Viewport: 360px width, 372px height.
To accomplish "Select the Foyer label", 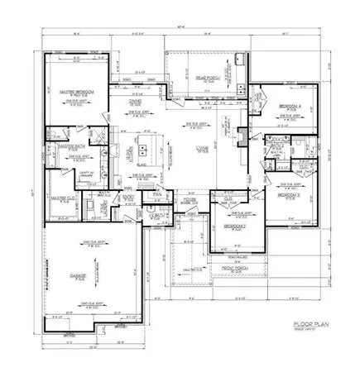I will point(190,198).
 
